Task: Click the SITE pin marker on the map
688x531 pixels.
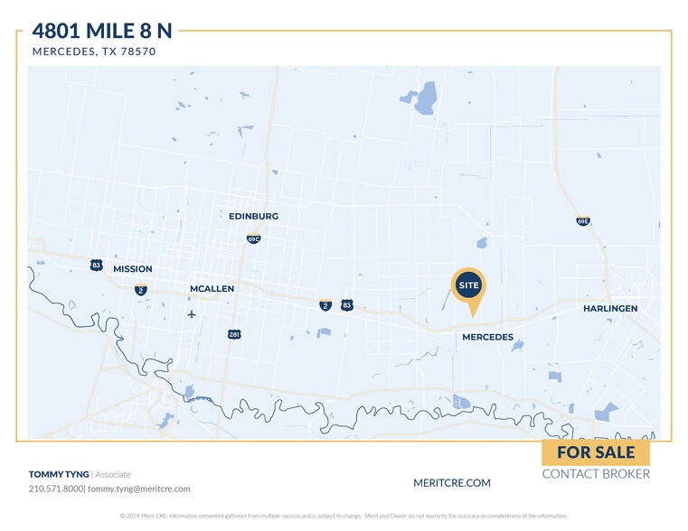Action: coord(468,286)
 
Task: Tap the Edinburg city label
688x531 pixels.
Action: coord(253,217)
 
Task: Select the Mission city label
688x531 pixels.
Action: coord(133,269)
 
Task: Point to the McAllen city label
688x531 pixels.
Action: coord(212,289)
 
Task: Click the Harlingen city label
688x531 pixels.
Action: coord(610,309)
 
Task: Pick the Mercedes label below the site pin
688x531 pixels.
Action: coord(487,338)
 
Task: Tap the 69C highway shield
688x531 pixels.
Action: coord(254,238)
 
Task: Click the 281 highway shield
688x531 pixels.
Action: coord(234,334)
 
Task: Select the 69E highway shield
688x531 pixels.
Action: coord(583,220)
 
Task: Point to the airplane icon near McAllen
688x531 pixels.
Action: coord(192,314)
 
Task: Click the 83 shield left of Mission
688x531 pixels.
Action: coord(96,265)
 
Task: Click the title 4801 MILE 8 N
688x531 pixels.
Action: coord(102,32)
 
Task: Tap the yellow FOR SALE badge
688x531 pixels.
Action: coord(595,452)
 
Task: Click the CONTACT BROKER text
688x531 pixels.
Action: coord(596,474)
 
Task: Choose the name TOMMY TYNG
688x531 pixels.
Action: coord(59,474)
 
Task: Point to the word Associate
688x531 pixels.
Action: coord(113,474)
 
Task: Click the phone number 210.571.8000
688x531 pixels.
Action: coord(56,489)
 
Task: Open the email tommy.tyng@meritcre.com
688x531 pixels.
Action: coord(139,489)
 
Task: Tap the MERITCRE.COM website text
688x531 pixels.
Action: coord(451,483)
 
